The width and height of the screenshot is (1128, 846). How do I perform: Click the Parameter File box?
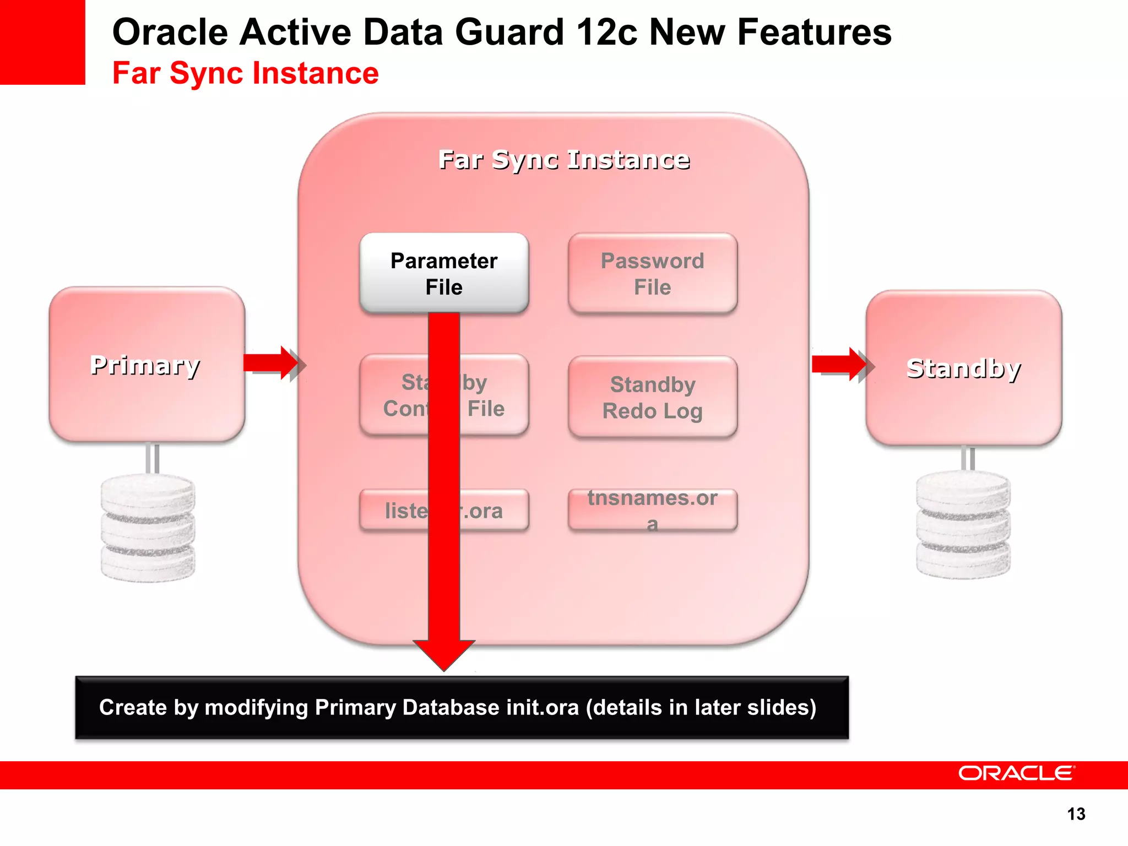pyautogui.click(x=444, y=273)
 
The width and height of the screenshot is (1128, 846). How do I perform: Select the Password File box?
pyautogui.click(x=652, y=273)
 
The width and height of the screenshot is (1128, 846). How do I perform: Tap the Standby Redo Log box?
pyautogui.click(x=652, y=397)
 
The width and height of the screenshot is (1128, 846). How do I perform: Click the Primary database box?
pyautogui.click(x=147, y=364)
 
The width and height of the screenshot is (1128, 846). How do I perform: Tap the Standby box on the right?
pyautogui.click(x=963, y=367)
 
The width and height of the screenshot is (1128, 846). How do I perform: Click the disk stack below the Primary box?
pyautogui.click(x=148, y=528)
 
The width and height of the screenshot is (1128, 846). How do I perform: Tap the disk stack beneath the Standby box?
pyautogui.click(x=963, y=524)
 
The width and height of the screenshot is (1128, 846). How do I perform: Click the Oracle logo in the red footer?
pyautogui.click(x=1016, y=773)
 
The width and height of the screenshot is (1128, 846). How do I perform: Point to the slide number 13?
pyautogui.click(x=1076, y=814)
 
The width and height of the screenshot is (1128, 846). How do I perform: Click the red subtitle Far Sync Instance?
pyautogui.click(x=246, y=73)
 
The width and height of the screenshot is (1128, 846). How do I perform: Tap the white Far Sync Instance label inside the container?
pyautogui.click(x=564, y=160)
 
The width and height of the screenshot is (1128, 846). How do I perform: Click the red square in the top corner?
pyautogui.click(x=42, y=42)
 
